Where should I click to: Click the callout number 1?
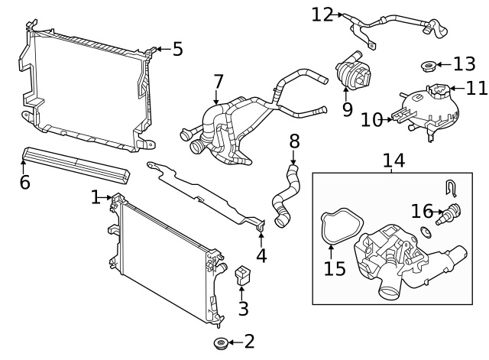click(96, 197)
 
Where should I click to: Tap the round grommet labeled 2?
click(221, 343)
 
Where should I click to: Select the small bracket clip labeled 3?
click(243, 275)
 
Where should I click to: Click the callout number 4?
click(261, 255)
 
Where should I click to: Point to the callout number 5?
click(177, 50)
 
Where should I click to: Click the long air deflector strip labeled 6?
click(73, 164)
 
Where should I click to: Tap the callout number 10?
click(371, 119)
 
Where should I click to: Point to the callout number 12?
click(322, 14)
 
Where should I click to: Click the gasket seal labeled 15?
click(333, 229)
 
